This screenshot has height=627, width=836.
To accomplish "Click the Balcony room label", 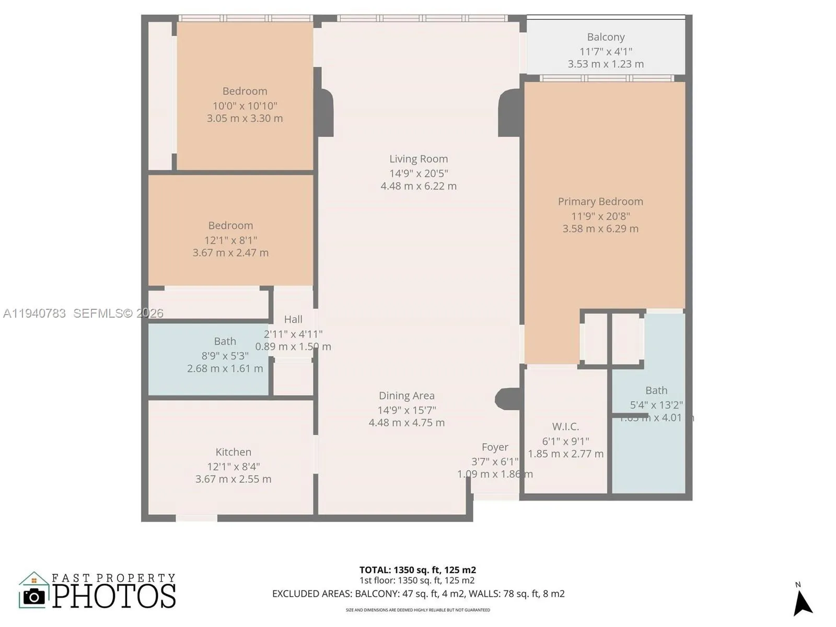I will point(606,37).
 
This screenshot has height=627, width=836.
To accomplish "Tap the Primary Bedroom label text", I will point(600,202).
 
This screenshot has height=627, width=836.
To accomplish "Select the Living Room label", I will point(419,159).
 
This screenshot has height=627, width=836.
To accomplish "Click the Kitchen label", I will point(233,452).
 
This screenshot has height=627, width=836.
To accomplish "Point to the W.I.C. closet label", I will point(565,426).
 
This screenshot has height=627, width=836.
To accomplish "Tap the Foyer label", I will point(495,447).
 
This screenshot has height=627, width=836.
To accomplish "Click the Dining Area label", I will point(407,396).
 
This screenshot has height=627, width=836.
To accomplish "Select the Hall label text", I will point(293,319).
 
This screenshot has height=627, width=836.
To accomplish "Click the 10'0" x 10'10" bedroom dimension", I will point(245,106).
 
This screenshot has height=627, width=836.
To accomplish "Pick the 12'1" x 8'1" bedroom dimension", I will point(230,240).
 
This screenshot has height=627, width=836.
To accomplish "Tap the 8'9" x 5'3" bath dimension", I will point(225,356).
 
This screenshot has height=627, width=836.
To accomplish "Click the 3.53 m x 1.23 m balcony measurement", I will point(606,64).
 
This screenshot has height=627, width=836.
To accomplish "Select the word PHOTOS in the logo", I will point(114,596).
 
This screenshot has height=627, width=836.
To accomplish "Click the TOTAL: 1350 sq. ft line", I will point(417,570).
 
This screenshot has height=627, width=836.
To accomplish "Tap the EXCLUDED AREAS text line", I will point(418,594).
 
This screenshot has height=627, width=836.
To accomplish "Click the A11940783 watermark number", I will point(34,313).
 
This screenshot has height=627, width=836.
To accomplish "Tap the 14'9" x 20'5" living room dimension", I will point(419,173).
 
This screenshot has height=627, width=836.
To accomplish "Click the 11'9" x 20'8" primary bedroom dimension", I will point(600,216).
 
